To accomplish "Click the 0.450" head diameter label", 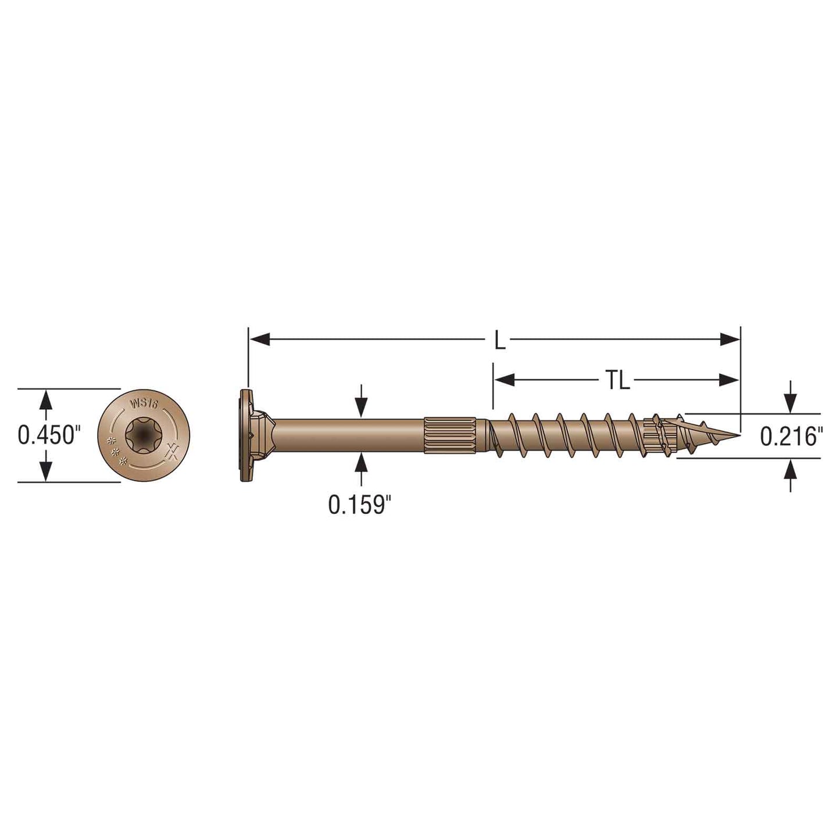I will (x=47, y=435).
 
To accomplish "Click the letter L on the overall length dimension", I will (x=499, y=340).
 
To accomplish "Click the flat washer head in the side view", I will (x=244, y=435).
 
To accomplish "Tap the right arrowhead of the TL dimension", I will (x=729, y=380).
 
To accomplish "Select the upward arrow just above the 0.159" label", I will (x=362, y=464).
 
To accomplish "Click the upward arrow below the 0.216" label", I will (x=789, y=469).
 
